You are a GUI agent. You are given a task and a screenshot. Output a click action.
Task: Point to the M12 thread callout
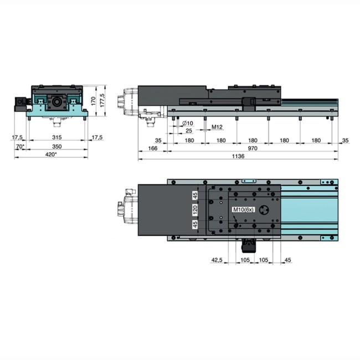tap(217, 127)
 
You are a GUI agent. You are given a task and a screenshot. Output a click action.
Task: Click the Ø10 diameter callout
tap(187, 123)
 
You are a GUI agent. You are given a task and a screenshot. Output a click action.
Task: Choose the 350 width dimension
tap(56, 146)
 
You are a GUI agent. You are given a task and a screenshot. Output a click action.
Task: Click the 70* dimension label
tap(20, 146)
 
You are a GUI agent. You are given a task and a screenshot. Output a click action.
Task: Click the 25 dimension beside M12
tap(189, 131)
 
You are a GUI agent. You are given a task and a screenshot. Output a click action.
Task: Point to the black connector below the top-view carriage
tap(248, 244)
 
